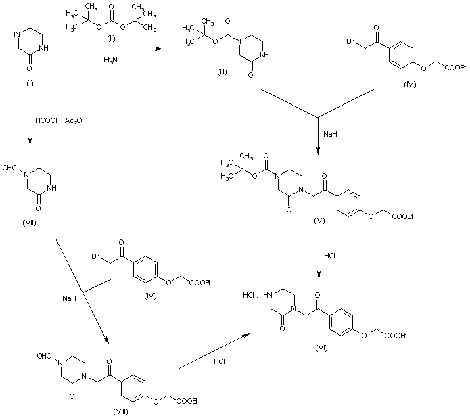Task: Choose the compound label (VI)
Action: coord(322,346)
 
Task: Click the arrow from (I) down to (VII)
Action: coord(29,122)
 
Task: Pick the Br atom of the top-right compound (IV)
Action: coord(348,42)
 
